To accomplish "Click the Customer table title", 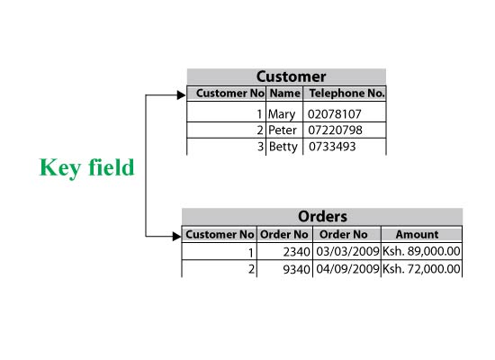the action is (291, 76).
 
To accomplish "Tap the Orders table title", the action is (322, 217).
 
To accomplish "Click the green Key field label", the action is (86, 167).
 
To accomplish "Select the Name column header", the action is (285, 94).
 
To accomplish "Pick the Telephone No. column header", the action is (346, 94).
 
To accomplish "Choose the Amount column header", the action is (417, 234).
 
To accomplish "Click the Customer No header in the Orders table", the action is (220, 234).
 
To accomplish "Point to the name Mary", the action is (282, 114).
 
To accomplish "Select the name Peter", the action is (283, 130).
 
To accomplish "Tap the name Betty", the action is (283, 147).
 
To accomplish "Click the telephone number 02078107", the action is (334, 114).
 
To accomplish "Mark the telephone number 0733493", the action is (332, 147).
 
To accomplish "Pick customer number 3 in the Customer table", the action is (260, 147).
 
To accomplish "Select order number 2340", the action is (297, 252).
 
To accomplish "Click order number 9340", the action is (297, 269).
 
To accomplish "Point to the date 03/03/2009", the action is (347, 251).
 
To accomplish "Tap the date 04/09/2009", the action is (347, 269).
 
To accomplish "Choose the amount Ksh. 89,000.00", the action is (421, 251).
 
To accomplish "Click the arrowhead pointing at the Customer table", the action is (181, 94).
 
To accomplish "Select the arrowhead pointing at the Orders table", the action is (176, 236).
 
